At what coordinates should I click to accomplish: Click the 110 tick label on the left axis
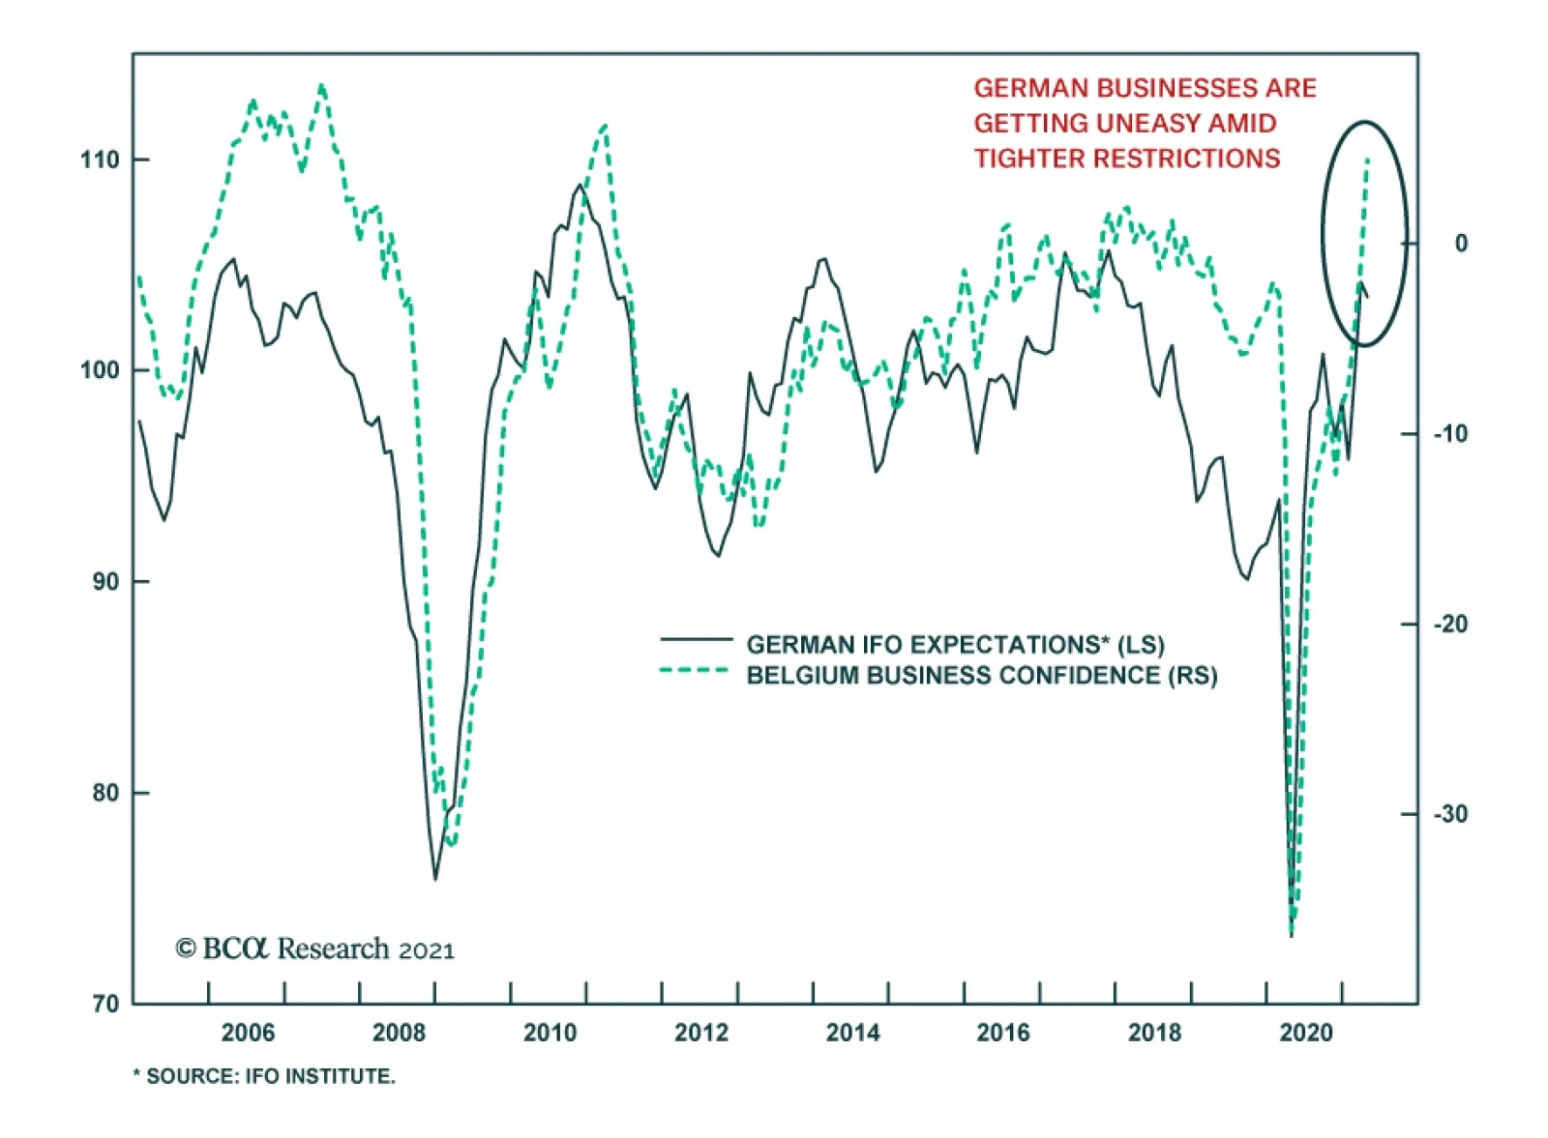point(100,160)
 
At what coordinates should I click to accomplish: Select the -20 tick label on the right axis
point(1449,625)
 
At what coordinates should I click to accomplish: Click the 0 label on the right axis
point(1461,244)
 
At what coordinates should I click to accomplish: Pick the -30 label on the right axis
point(1449,814)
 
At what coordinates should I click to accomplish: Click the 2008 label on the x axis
point(399,1034)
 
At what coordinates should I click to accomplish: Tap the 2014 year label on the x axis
point(852,1034)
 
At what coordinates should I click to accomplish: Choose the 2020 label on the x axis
point(1306,1034)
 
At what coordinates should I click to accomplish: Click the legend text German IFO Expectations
point(955,645)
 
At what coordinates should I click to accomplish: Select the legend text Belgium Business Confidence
point(981,675)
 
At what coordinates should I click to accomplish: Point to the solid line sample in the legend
point(696,639)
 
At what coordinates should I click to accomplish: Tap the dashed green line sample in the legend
point(696,670)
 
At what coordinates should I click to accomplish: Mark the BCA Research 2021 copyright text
point(314,948)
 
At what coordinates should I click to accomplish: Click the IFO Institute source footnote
point(264,1076)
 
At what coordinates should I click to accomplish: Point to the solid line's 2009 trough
point(435,879)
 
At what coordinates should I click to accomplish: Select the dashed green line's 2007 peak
point(322,86)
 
